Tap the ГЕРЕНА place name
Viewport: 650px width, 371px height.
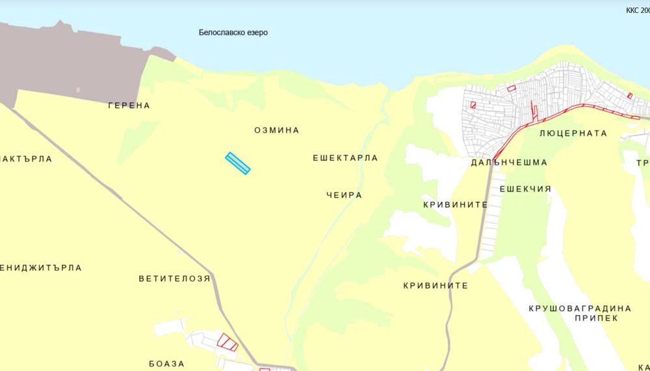click(129, 105)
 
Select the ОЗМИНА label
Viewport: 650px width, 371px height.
click(277, 130)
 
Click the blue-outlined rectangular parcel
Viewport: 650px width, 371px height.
click(238, 163)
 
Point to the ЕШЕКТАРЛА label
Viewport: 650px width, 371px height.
click(345, 158)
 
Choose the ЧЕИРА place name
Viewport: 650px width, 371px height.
click(344, 195)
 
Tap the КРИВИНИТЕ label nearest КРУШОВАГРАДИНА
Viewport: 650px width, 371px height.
click(435, 285)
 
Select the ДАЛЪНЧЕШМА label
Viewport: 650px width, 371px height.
click(509, 163)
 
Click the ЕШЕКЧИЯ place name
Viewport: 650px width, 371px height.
click(525, 189)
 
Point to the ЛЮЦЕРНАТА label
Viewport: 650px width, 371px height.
click(573, 133)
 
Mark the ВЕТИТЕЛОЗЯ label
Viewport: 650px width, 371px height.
click(174, 279)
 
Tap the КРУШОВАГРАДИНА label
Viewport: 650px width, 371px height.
click(580, 308)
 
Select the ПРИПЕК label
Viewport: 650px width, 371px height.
click(595, 319)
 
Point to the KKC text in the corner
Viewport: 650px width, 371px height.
click(637, 11)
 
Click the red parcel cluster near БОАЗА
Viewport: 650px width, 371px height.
click(227, 342)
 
